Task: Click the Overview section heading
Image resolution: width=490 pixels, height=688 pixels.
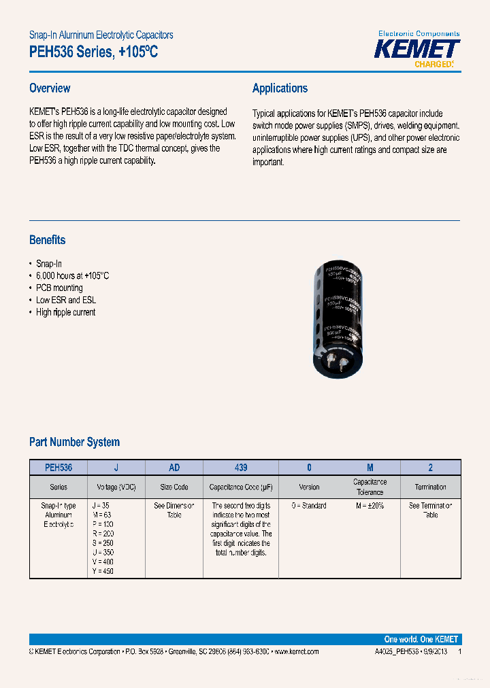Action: (x=50, y=88)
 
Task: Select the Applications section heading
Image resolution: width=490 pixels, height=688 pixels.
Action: (x=280, y=88)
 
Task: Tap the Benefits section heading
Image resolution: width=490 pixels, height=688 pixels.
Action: (x=48, y=240)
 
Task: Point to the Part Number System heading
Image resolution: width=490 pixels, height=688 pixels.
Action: (x=74, y=442)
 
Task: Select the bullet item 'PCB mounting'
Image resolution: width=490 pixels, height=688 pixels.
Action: (x=59, y=288)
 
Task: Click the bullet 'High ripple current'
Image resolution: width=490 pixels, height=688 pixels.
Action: (x=65, y=313)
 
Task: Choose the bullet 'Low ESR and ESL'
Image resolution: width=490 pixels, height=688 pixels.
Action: (x=66, y=300)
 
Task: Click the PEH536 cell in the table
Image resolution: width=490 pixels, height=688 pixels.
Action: (x=59, y=468)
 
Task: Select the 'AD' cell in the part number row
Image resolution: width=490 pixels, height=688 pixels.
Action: (x=174, y=468)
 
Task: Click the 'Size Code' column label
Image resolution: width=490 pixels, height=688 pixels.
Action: (x=174, y=487)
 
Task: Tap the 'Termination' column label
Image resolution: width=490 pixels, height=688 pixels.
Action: (x=430, y=487)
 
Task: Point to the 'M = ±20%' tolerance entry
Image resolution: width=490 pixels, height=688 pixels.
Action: (x=370, y=506)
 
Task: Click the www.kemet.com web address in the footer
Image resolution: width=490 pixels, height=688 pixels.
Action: (x=295, y=652)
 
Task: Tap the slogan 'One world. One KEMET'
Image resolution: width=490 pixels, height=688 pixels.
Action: (x=421, y=640)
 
